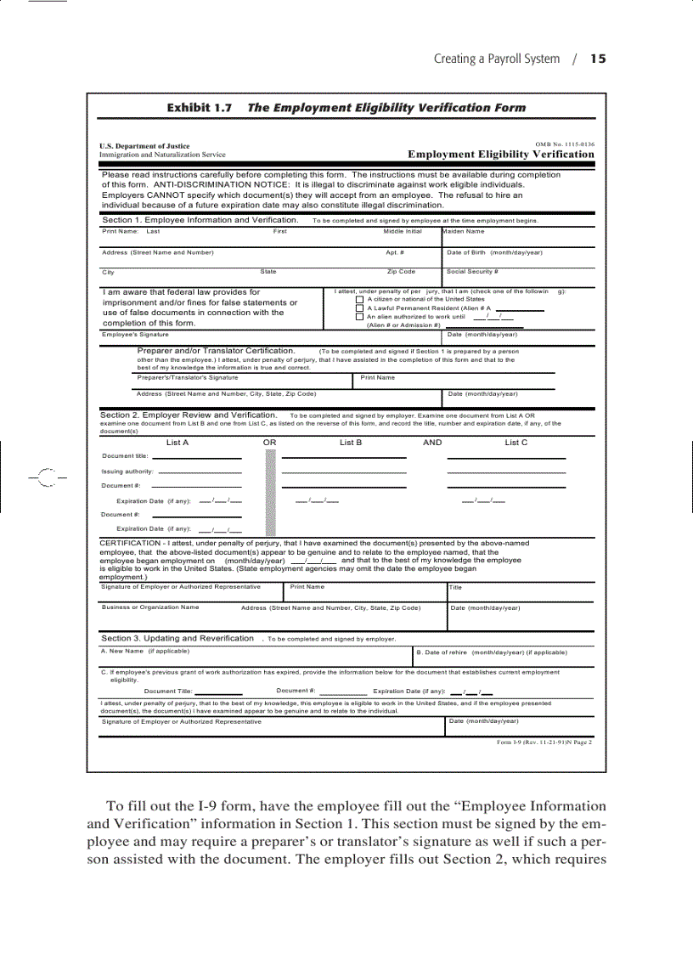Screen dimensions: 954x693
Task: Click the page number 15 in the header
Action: coord(598,59)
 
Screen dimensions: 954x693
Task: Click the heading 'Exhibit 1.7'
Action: coord(199,108)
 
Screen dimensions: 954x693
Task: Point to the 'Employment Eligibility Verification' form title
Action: coord(501,155)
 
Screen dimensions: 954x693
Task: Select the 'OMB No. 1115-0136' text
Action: coord(565,144)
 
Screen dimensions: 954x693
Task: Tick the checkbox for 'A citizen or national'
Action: coord(359,299)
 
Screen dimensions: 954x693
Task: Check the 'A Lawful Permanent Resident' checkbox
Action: coord(359,308)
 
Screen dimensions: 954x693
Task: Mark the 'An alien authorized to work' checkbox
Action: coord(359,316)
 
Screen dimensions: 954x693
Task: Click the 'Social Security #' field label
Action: coord(472,272)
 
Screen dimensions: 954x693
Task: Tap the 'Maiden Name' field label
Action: coord(464,231)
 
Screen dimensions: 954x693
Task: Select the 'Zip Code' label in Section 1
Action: coord(401,272)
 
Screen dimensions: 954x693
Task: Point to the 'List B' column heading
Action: coord(351,443)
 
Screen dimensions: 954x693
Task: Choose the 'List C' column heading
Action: coord(516,443)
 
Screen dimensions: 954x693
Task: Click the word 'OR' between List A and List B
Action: coord(270,443)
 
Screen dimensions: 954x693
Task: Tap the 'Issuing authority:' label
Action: coord(127,471)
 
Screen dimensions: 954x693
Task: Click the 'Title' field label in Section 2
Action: coord(456,587)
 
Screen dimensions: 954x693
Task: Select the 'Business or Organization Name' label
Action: coord(150,607)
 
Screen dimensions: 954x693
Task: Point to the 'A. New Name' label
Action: coord(122,652)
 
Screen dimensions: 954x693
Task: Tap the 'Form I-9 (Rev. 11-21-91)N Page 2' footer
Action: coord(544,742)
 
